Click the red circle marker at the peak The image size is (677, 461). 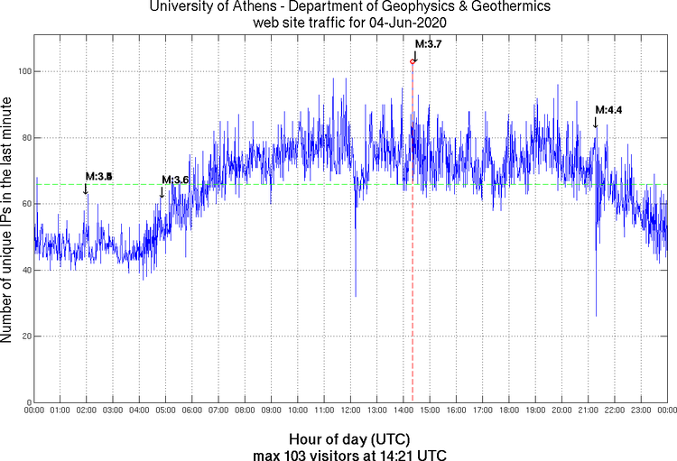(x=413, y=61)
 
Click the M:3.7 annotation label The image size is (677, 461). (x=427, y=43)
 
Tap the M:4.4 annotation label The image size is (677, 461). (x=608, y=110)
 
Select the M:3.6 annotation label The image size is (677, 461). (x=175, y=180)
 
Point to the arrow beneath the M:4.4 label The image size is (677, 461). (x=595, y=122)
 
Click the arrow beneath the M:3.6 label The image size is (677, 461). (x=162, y=191)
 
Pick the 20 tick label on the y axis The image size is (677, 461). (x=24, y=337)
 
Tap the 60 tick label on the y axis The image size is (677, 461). (x=24, y=204)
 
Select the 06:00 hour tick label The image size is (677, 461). (x=192, y=411)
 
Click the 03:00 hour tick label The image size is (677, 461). (x=113, y=411)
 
